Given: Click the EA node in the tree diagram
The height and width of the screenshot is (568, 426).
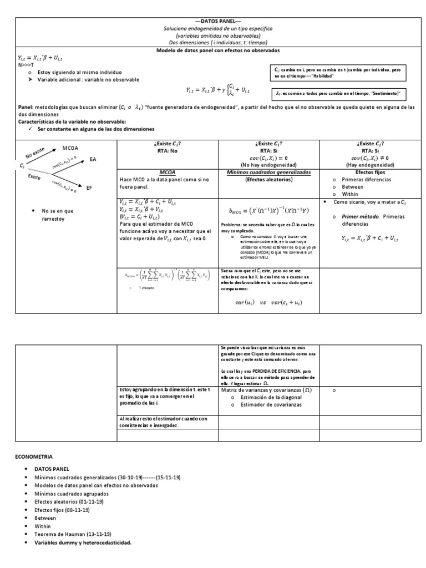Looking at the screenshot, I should (93, 159).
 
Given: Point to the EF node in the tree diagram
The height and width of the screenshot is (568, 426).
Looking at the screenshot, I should (89, 189).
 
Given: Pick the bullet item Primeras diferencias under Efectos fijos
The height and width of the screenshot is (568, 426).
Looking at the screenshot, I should (366, 180).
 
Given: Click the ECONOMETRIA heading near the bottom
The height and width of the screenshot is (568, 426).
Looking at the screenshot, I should (33, 456).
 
